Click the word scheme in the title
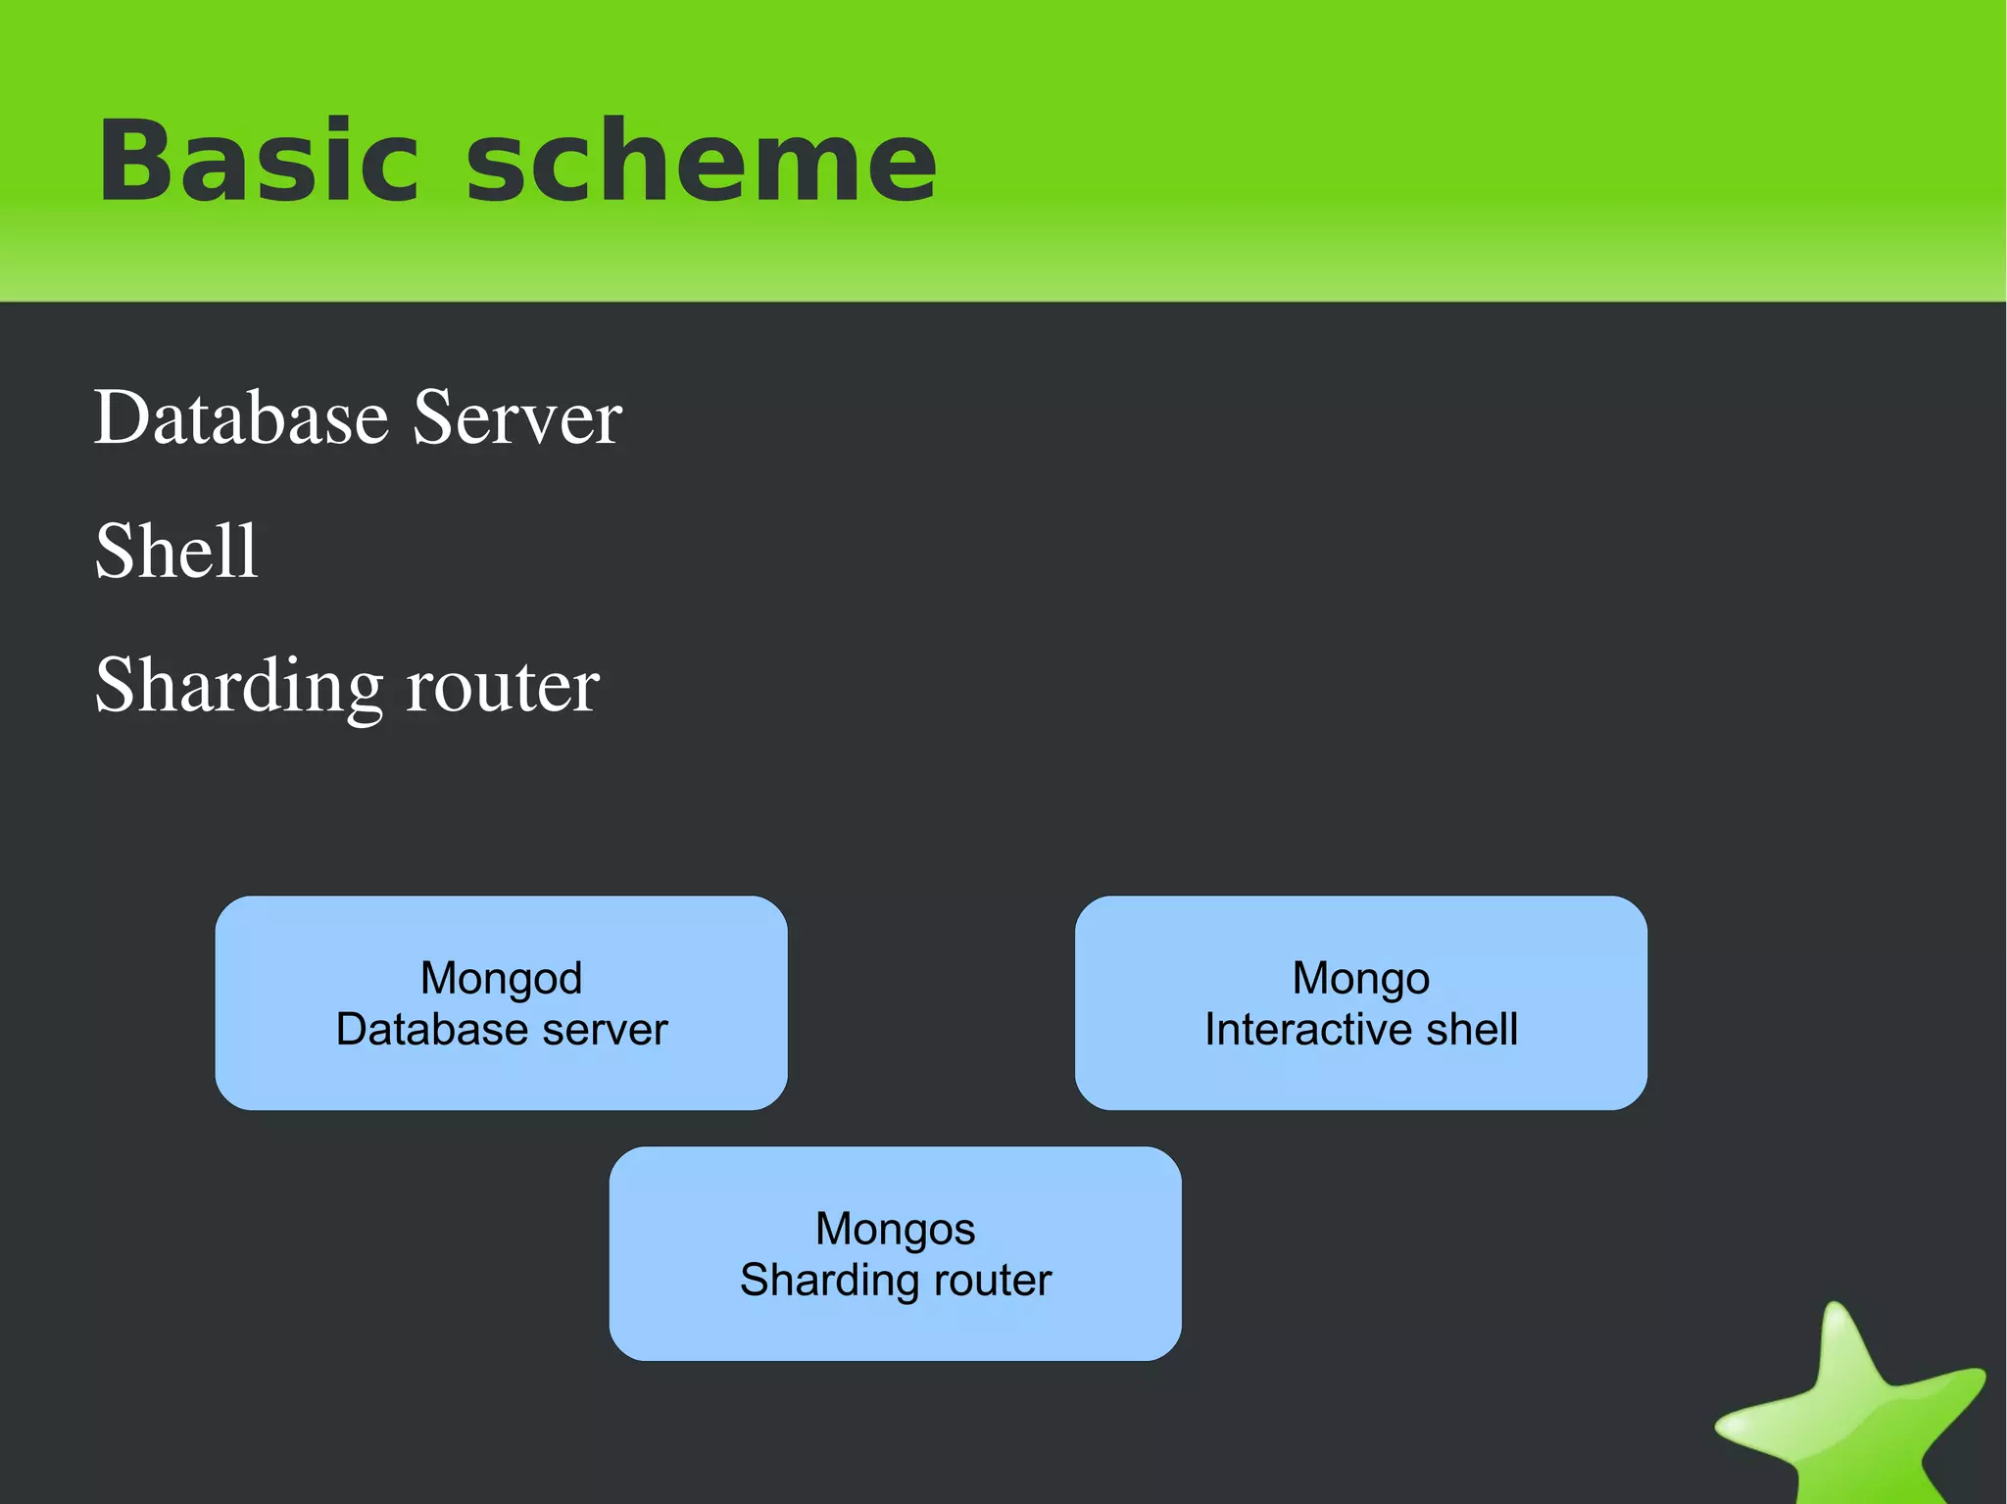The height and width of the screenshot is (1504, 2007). [701, 162]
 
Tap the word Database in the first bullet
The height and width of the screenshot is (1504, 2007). [241, 418]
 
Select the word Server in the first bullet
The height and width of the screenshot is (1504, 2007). [516, 418]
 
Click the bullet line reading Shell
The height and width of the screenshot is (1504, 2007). [176, 552]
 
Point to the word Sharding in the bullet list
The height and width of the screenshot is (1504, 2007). [238, 687]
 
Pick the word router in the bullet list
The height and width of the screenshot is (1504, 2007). [502, 687]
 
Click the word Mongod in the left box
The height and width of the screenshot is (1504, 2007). [501, 978]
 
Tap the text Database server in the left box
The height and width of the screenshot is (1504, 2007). [501, 1030]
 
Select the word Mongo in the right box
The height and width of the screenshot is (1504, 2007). [1360, 978]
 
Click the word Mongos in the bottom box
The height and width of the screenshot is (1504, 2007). [895, 1229]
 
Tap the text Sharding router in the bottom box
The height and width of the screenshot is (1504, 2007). [895, 1281]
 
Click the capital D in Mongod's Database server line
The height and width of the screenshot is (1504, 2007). [351, 1030]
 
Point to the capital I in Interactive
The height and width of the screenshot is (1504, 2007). [1210, 1030]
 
